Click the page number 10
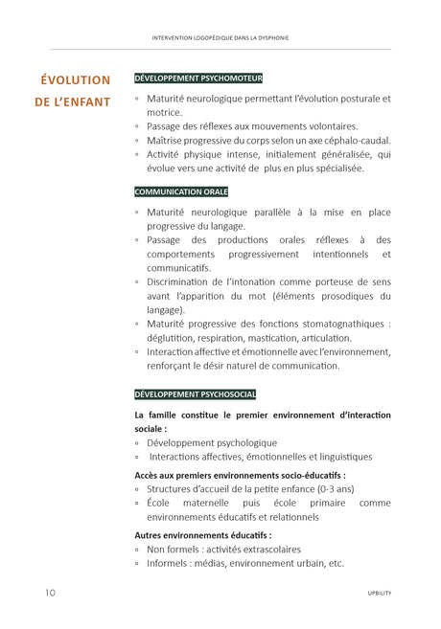point(49,593)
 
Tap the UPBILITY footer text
point(380,594)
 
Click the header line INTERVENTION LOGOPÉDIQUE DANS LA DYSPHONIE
point(220,38)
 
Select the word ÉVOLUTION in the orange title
point(75,79)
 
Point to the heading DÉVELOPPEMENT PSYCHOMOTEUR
point(198,78)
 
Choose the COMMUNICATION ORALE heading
point(181,191)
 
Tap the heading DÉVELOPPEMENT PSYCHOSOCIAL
point(195,394)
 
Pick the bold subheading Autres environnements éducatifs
point(203,535)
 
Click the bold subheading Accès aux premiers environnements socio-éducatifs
point(240,474)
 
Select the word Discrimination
point(183,281)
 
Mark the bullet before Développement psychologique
point(137,443)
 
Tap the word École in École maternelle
point(159,503)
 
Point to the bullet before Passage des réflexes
point(137,126)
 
